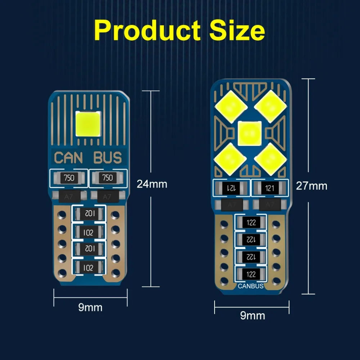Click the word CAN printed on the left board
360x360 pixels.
(x=68, y=158)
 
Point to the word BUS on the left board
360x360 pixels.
(x=108, y=158)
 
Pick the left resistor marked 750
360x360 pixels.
(x=69, y=178)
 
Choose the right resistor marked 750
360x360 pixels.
(x=108, y=178)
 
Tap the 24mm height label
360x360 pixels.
(x=152, y=184)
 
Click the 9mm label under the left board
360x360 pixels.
(x=90, y=307)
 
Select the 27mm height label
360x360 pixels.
(x=311, y=186)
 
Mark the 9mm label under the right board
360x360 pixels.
(x=252, y=316)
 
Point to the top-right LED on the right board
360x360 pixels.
(x=271, y=105)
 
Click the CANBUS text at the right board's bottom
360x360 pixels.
(x=251, y=287)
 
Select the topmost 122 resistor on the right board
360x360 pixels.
(x=251, y=222)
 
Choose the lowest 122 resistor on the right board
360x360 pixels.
(x=251, y=274)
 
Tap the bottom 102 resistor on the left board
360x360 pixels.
(x=88, y=268)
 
